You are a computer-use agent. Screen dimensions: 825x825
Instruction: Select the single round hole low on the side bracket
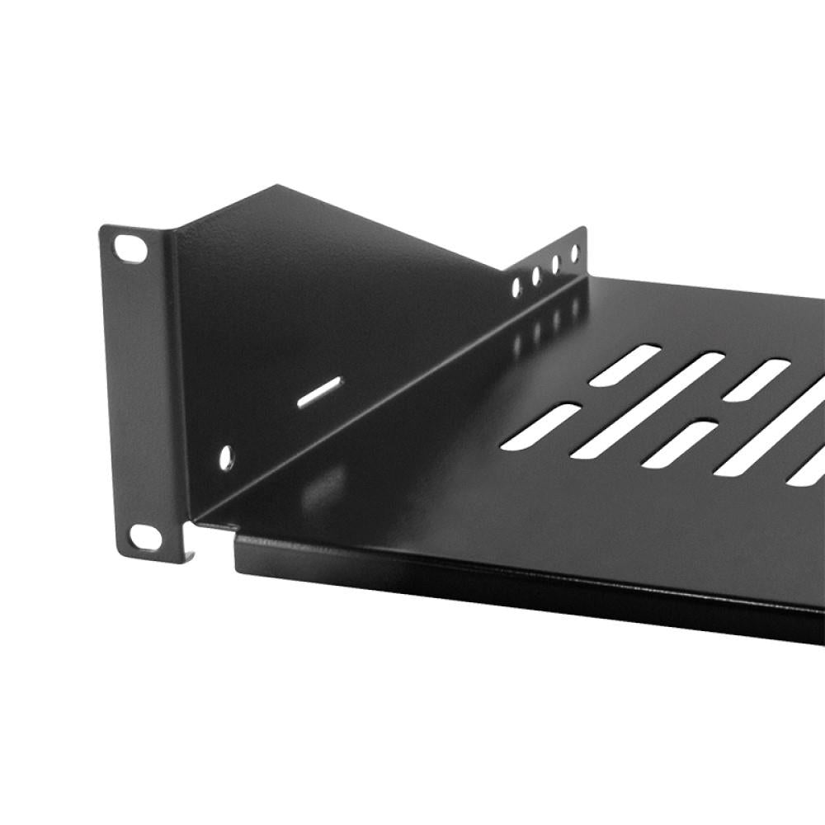pyautogui.click(x=226, y=457)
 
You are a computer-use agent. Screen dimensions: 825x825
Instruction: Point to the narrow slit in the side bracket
pyautogui.click(x=319, y=391)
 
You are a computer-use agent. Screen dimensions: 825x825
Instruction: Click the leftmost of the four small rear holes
pyautogui.click(x=516, y=287)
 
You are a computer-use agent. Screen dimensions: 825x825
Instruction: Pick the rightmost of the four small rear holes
pyautogui.click(x=575, y=253)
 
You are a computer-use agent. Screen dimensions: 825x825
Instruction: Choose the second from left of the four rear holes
pyautogui.click(x=536, y=276)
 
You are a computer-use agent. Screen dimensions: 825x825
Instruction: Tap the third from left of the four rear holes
pyautogui.click(x=555, y=264)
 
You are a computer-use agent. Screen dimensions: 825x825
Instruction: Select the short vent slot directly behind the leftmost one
pyautogui.click(x=625, y=365)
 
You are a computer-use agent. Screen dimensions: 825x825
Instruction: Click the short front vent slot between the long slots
pyautogui.click(x=678, y=445)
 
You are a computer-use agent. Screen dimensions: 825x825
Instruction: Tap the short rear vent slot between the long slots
pyautogui.click(x=757, y=380)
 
